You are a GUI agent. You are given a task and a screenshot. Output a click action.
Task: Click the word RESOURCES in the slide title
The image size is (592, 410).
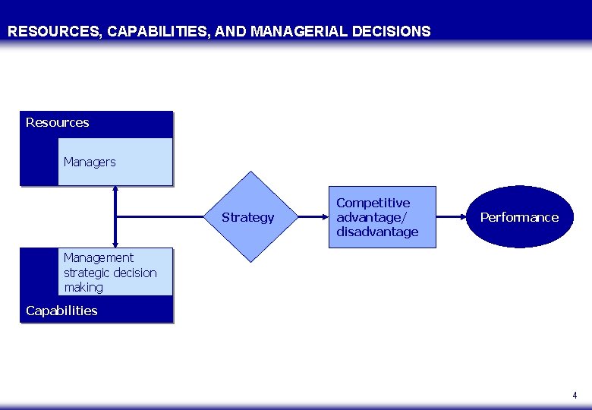pos(54,32)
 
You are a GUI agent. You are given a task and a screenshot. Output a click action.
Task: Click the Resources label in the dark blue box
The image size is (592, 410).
pos(58,123)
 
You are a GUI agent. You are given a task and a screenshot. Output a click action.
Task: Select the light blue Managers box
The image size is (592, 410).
pos(115,162)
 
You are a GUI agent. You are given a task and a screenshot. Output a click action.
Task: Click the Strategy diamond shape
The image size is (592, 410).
pos(249,217)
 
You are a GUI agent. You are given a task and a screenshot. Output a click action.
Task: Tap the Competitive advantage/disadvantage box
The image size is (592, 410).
pos(382,217)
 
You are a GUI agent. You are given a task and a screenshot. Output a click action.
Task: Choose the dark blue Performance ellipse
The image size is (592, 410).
pos(519,217)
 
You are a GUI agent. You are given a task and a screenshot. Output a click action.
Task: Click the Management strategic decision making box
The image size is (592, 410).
pos(115,273)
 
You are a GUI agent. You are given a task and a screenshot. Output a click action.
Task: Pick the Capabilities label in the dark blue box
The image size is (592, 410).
pos(61,311)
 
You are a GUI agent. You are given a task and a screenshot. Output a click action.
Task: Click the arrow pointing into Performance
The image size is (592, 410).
pos(452,217)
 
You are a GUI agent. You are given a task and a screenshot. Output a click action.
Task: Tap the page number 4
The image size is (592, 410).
pos(575,396)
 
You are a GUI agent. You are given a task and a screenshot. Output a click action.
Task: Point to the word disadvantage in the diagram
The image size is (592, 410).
pos(377,232)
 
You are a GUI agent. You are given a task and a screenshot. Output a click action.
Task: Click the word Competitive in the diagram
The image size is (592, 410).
pos(373,203)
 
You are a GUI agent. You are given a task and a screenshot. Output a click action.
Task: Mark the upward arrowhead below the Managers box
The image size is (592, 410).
pos(115,190)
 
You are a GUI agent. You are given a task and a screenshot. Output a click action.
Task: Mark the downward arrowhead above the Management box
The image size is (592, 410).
pos(115,244)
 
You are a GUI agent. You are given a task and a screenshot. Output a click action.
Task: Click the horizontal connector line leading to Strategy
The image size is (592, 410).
pos(167,217)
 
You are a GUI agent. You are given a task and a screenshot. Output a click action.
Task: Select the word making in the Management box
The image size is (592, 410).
pos(83,287)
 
